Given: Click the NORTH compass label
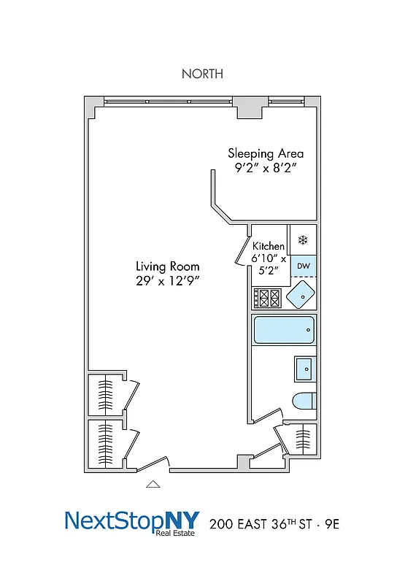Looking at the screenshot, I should click(x=202, y=74).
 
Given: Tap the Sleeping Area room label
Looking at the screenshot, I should click(x=266, y=153).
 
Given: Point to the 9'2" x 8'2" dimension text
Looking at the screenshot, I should click(x=266, y=169).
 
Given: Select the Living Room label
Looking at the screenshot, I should click(x=167, y=266).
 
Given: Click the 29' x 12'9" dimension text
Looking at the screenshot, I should click(x=167, y=281).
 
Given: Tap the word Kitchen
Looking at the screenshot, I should click(x=269, y=247).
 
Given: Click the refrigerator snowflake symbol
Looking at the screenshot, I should click(x=303, y=239).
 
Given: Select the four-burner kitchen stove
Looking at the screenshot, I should click(x=266, y=297).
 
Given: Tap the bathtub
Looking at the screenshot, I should click(x=283, y=331).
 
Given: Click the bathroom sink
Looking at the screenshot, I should click(x=304, y=369).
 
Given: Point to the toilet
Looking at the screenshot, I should click(x=303, y=401).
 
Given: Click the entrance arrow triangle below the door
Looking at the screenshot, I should click(x=153, y=483).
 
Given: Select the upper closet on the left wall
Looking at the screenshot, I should click(x=105, y=394).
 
